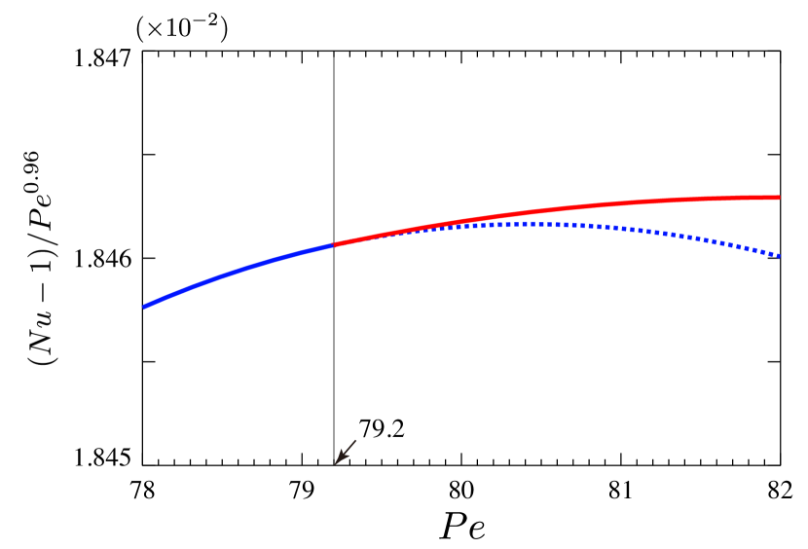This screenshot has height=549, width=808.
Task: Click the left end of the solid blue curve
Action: (x=145, y=307)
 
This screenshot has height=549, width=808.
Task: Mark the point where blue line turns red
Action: (x=334, y=244)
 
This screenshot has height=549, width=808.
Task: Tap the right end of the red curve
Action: (x=779, y=198)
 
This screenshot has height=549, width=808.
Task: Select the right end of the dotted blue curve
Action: (x=779, y=256)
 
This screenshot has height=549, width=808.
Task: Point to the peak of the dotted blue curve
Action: (x=526, y=224)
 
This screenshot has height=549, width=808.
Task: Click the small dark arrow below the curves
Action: (x=346, y=452)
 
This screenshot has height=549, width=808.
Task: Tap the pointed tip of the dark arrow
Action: (x=336, y=463)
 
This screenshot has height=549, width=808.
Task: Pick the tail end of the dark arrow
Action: (x=356, y=440)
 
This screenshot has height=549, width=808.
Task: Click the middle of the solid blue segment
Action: (x=239, y=269)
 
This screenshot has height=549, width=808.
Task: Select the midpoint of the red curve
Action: (x=555, y=208)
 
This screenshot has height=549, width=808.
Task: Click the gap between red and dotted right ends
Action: (x=779, y=227)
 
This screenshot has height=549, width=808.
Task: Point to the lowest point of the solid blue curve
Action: (x=145, y=307)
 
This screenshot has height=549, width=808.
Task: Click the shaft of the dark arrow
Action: (x=348, y=450)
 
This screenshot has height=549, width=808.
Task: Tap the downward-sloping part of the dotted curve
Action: (x=701, y=238)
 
